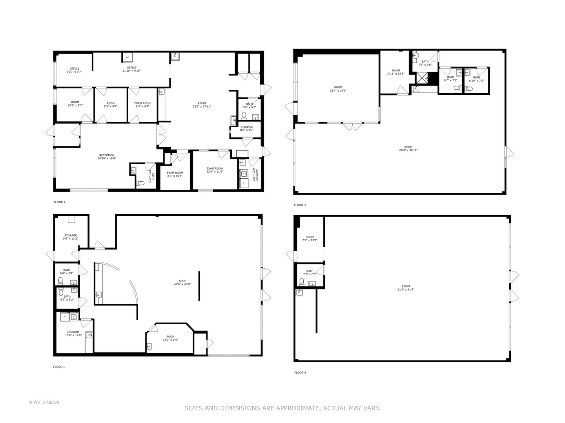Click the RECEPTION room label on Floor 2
tap(107, 157)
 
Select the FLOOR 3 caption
tap(300, 205)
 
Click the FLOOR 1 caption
tap(59, 367)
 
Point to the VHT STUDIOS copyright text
tap(44, 402)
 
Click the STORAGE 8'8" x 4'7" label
tap(247, 128)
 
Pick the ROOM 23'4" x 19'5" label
tap(338, 89)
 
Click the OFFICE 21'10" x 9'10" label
tap(131, 69)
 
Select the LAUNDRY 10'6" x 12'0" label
tap(73, 333)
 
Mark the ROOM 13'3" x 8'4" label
tap(170, 338)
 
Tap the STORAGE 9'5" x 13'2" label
tap(71, 237)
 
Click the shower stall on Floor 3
tap(422, 78)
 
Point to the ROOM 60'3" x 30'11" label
tap(408, 148)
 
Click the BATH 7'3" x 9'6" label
tap(425, 63)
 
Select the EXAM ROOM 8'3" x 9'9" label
tap(142, 105)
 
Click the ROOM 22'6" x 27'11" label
tap(202, 105)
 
